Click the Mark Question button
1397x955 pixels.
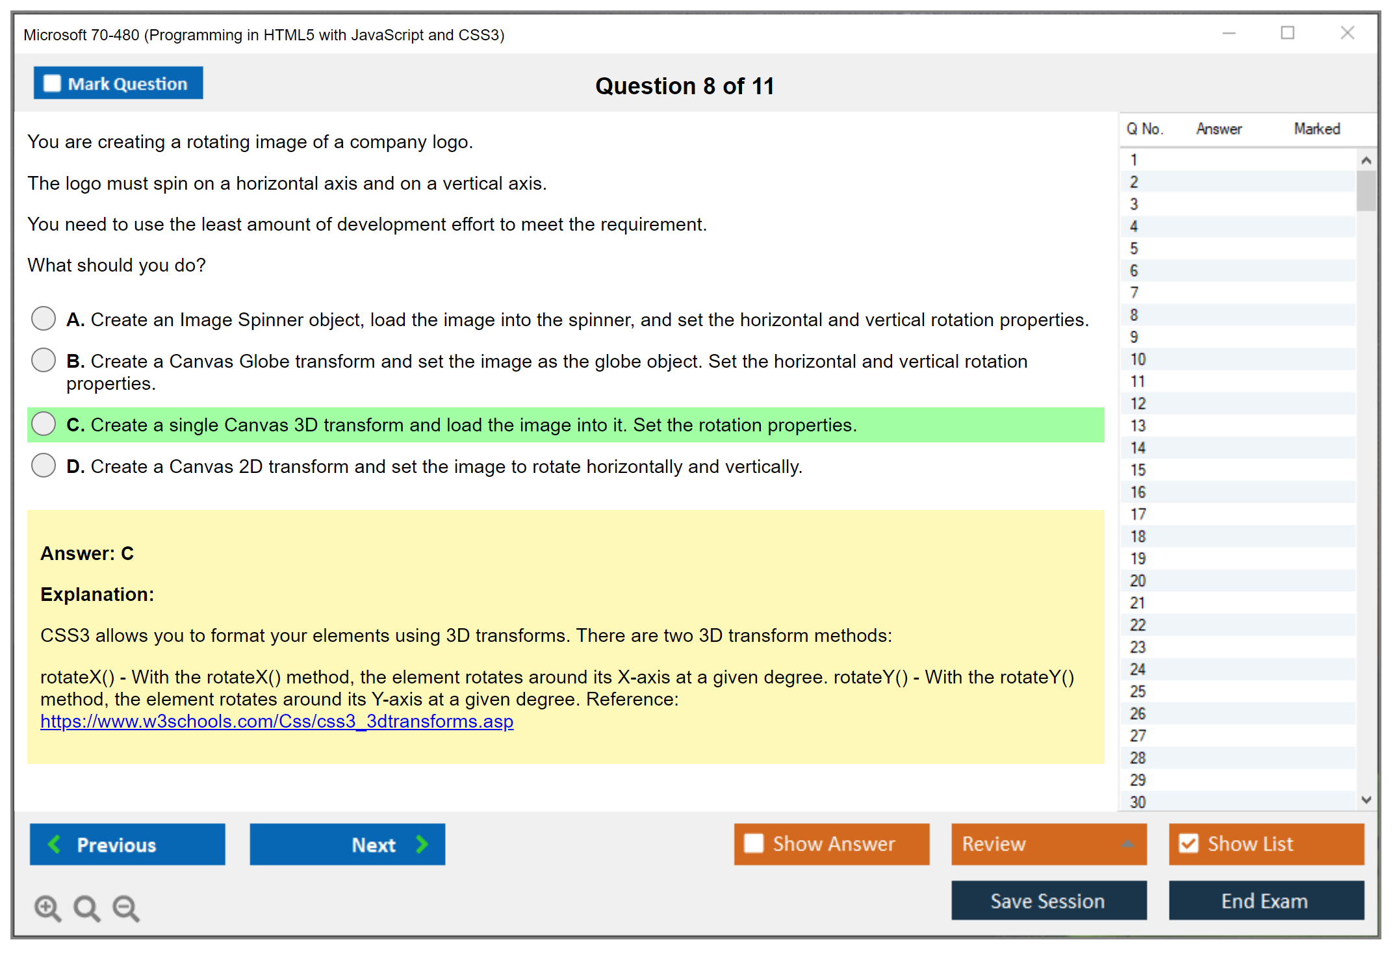pyautogui.click(x=118, y=83)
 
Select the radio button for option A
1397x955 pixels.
pyautogui.click(x=44, y=318)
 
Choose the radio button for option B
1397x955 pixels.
pyautogui.click(x=44, y=360)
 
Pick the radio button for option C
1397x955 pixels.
pyautogui.click(x=44, y=424)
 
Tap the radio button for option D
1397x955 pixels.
pyautogui.click(x=44, y=465)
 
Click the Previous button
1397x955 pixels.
pyautogui.click(x=127, y=845)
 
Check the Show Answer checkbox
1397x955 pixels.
pyautogui.click(x=754, y=843)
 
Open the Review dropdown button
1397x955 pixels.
pyautogui.click(x=1049, y=844)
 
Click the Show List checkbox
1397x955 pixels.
pyautogui.click(x=1188, y=843)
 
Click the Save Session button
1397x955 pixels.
pyautogui.click(x=1049, y=900)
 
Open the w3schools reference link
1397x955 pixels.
pyautogui.click(x=277, y=721)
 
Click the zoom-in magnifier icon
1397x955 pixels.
pyautogui.click(x=48, y=908)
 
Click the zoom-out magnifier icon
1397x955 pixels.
pyautogui.click(x=126, y=908)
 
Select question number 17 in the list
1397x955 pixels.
pyautogui.click(x=1138, y=515)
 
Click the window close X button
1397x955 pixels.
pyautogui.click(x=1348, y=32)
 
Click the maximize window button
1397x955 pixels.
pyautogui.click(x=1288, y=32)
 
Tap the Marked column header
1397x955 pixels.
pyautogui.click(x=1317, y=129)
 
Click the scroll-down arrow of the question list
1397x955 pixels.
pyautogui.click(x=1366, y=800)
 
